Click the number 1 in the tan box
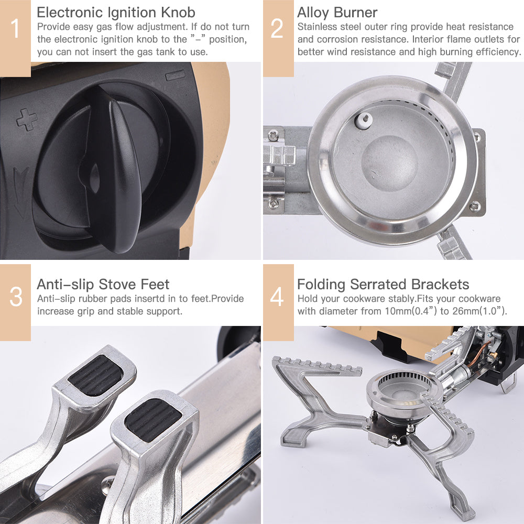click(15, 29)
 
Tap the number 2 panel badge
click(277, 29)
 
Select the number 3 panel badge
click(16, 297)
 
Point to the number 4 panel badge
click(277, 297)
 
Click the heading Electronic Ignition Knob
click(116, 12)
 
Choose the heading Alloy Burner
click(337, 12)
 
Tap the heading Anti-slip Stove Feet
click(103, 285)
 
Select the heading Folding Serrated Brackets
click(383, 285)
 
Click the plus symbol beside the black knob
click(26, 119)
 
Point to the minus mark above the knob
click(175, 76)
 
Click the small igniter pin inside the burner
click(362, 120)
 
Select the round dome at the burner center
click(390, 162)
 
